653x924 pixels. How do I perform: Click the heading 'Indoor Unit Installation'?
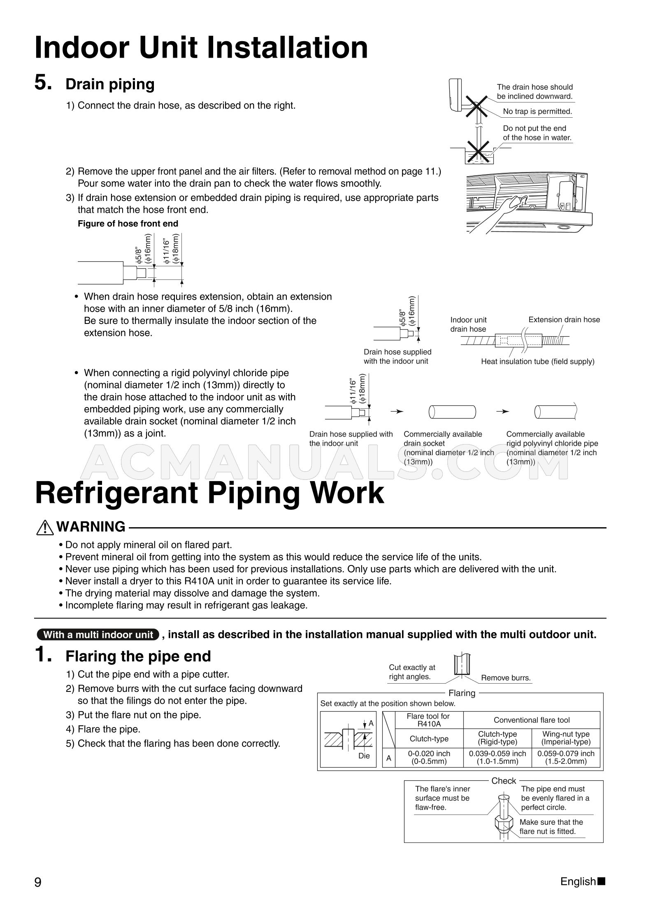pos(201,48)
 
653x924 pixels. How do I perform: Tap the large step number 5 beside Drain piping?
pos(44,83)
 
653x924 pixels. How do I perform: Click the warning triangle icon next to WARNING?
pos(45,527)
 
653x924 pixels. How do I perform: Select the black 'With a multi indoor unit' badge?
pos(98,635)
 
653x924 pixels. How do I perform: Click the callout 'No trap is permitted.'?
pos(537,111)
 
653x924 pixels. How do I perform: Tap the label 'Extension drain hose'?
pos(564,319)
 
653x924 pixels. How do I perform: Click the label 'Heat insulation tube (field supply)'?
pos(538,361)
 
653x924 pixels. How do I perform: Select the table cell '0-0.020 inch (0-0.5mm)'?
pos(429,757)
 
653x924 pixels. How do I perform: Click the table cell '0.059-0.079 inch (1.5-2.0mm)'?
pos(566,757)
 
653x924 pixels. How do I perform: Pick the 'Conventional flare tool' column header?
pos(532,720)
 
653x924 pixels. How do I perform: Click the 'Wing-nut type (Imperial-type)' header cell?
pos(566,738)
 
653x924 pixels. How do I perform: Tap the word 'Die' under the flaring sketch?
pos(364,756)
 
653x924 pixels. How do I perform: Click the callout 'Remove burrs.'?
pos(506,678)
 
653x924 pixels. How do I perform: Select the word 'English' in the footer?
pos(578,881)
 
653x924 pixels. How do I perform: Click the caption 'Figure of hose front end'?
pos(128,223)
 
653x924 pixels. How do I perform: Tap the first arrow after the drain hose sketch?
pos(397,412)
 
